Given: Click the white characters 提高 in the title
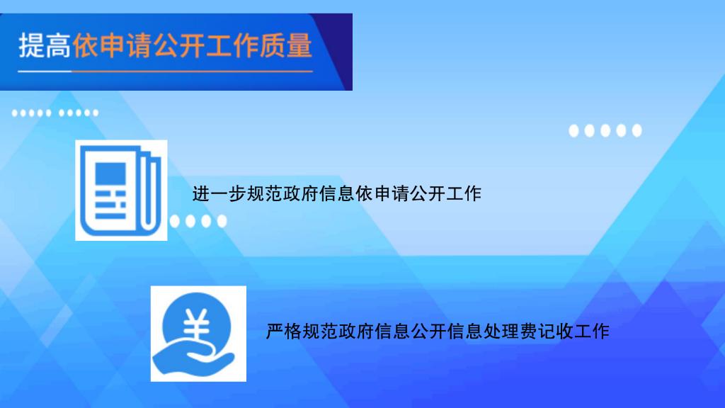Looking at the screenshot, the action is click(45, 45).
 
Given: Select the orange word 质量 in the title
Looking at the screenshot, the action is click(286, 45).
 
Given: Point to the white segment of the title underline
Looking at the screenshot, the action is click(45, 72).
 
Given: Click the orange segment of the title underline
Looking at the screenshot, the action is click(193, 72).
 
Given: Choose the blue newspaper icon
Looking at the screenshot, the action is click(120, 190).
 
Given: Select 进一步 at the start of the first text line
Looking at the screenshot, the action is click(219, 193).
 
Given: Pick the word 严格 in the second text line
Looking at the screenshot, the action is click(283, 331).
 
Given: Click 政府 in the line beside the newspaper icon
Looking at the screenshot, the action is click(300, 193).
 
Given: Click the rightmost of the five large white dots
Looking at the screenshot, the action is click(636, 131).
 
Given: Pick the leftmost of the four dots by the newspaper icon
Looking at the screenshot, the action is click(174, 221).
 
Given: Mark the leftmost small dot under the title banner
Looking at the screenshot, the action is click(15, 113).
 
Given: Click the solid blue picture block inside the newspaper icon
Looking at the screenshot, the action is click(110, 174).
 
